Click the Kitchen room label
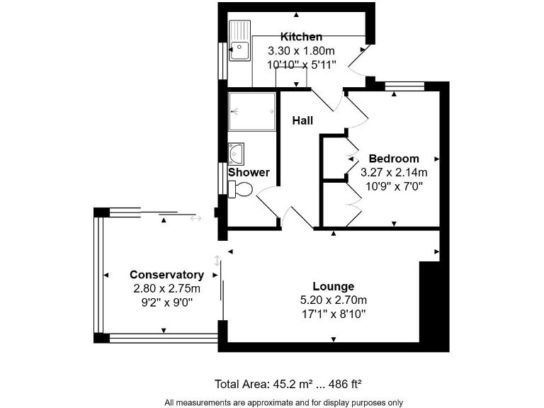tap(301, 37)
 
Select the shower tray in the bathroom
tap(251, 112)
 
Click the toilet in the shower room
tap(240, 188)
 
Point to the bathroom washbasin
tap(236, 152)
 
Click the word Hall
tap(302, 120)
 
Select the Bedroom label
tap(394, 159)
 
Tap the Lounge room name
tap(333, 287)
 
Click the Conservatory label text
tap(166, 275)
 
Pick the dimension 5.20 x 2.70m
tap(333, 300)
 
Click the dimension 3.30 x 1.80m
tap(301, 51)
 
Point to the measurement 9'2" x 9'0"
tap(166, 302)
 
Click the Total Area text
tap(288, 385)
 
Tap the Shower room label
tap(249, 172)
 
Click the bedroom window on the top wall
tap(404, 87)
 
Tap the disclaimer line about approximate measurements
tap(283, 402)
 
